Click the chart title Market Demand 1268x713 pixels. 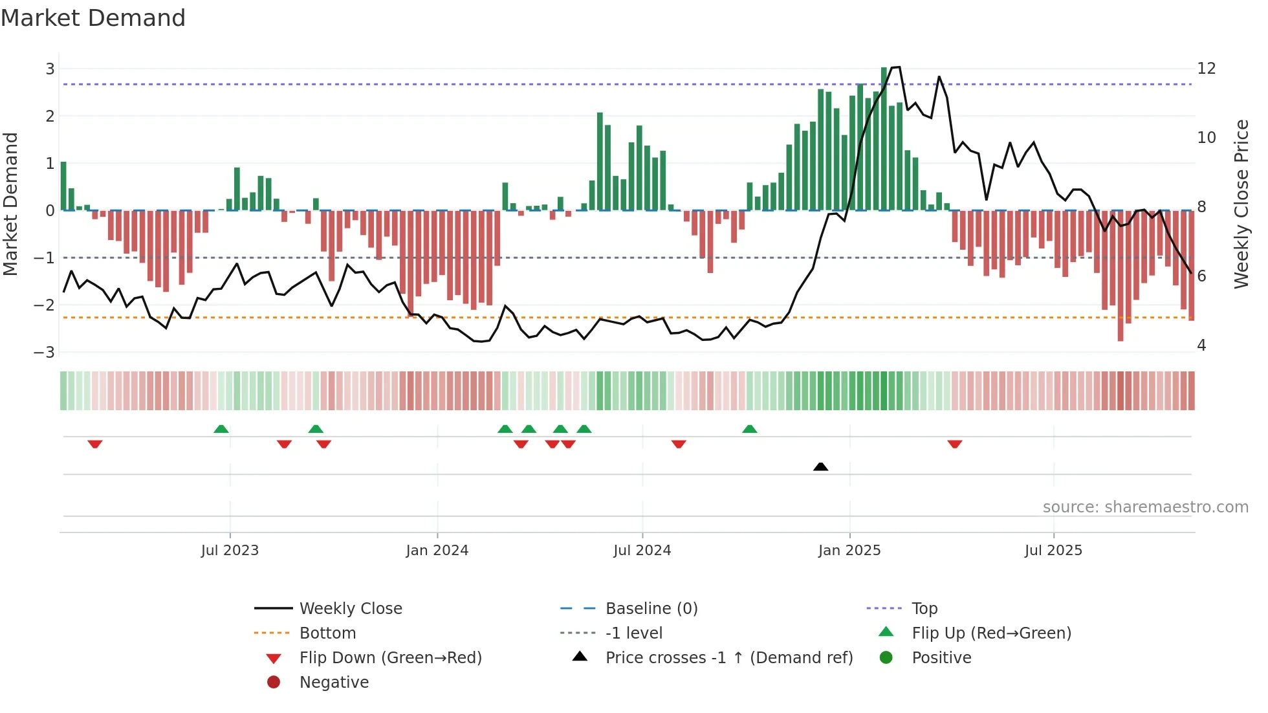coord(93,18)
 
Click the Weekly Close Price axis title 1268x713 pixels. coord(1241,204)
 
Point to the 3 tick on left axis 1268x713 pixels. coord(50,69)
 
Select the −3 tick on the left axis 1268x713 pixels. coord(45,353)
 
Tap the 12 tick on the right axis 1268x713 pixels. coord(1206,69)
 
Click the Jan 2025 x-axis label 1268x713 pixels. coord(849,551)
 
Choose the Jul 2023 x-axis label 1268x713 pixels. coord(230,551)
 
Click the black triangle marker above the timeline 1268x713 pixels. coord(820,466)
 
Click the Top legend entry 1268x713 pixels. coord(924,609)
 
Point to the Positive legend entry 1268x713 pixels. coord(941,658)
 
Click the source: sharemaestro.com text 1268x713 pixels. coord(1145,507)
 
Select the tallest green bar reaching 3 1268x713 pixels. coord(884,139)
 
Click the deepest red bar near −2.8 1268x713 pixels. coord(1120,276)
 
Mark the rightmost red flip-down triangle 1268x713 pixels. coord(954,444)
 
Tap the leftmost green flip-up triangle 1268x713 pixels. coord(221,429)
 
